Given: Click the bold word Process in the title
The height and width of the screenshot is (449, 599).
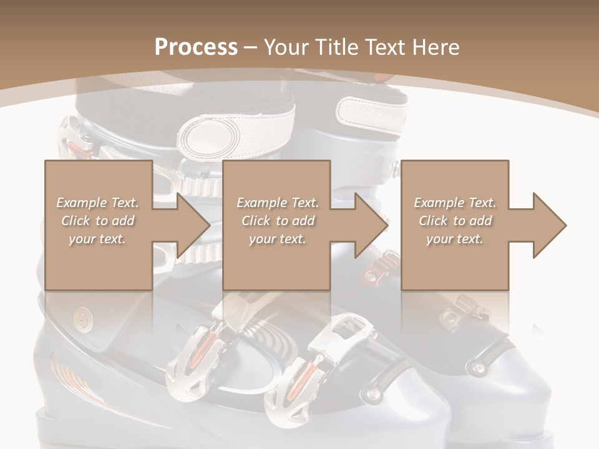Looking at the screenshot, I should coord(196,47).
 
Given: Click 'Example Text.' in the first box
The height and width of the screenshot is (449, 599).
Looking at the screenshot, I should coord(97,203).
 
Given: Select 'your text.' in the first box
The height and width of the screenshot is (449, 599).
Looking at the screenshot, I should coord(97,239).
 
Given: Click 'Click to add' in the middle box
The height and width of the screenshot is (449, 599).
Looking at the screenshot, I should coord(277,221).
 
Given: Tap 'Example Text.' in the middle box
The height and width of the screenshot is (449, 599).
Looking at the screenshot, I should coord(277,203).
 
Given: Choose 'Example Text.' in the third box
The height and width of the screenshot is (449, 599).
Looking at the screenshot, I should coord(455,203).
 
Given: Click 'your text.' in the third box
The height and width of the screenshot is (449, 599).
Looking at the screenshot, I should coord(455,239).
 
